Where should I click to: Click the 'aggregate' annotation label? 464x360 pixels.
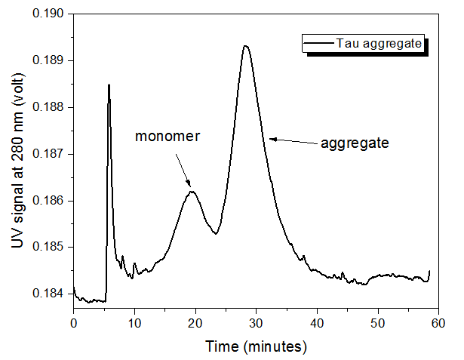(355, 143)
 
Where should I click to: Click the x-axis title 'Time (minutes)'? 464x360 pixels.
(257, 346)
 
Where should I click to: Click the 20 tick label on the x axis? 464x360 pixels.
(195, 323)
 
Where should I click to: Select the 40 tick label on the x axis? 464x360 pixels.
(317, 323)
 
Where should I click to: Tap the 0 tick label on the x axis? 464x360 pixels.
(73, 323)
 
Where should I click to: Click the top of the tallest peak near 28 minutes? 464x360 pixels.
(246, 46)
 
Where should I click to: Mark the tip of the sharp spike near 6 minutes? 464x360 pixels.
(109, 85)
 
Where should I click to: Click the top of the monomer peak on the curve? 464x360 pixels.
(193, 192)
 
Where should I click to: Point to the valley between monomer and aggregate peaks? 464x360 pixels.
(216, 233)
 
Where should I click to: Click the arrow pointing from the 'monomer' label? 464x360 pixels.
(182, 168)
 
